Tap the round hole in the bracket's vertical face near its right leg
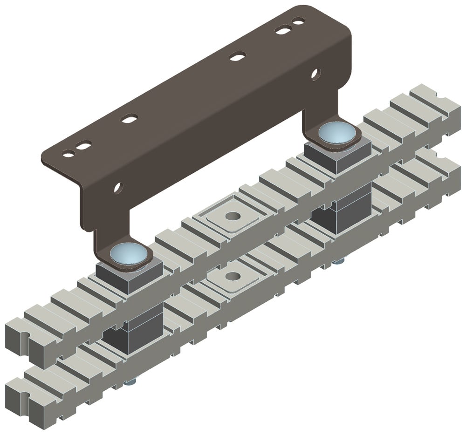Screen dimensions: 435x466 (316, 73)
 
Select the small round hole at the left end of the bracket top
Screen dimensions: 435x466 (68, 152)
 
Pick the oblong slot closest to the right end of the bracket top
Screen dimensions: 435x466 (282, 30)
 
